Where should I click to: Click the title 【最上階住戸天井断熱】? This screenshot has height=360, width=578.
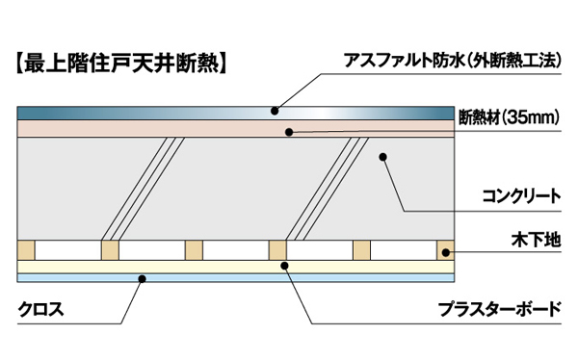[x=121, y=66]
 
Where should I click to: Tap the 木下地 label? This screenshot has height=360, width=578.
[x=538, y=237]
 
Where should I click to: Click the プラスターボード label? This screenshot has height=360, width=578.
[x=499, y=310]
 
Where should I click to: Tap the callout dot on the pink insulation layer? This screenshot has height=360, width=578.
[x=286, y=132]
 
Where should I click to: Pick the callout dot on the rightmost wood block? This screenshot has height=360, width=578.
[x=445, y=252]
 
